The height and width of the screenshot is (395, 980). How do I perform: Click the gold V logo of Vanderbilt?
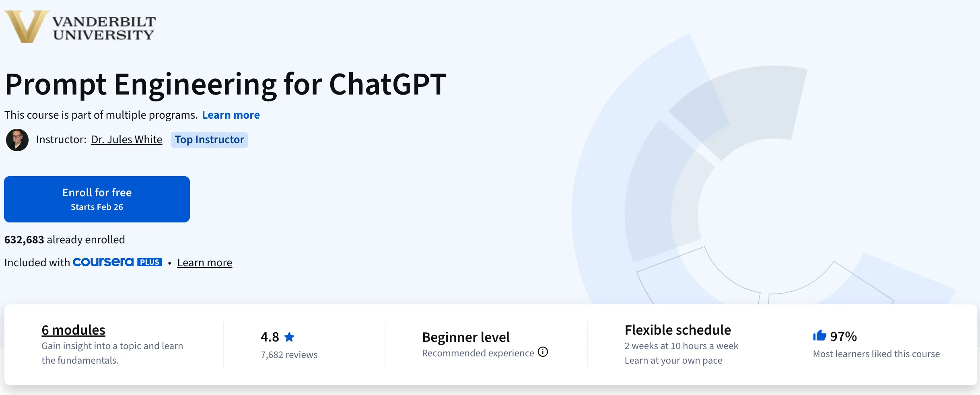point(26,26)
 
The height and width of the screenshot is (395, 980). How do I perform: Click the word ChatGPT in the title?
point(387,84)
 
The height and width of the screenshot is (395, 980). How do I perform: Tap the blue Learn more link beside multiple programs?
point(231,115)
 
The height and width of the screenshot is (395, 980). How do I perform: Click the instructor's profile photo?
point(17,140)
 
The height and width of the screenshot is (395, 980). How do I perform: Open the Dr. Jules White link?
point(127,140)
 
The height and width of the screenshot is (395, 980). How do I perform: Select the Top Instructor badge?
point(209,140)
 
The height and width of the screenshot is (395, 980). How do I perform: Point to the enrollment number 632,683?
point(24,240)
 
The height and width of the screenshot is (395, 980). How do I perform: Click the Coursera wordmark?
point(103,262)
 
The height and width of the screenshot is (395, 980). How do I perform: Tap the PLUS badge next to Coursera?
point(150,262)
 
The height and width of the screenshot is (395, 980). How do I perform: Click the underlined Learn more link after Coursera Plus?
point(204,263)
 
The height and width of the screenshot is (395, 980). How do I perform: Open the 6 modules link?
point(73,330)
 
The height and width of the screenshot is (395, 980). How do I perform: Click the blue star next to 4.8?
point(289,337)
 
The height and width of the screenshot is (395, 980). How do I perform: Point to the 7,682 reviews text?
point(289,355)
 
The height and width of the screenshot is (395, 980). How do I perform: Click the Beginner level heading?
point(465,337)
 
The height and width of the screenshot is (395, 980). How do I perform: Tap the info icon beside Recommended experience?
point(543,352)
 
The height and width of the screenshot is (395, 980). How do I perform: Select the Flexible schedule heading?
point(677,330)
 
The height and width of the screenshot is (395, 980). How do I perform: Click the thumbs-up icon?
point(819,335)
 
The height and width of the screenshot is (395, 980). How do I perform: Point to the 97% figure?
point(843,337)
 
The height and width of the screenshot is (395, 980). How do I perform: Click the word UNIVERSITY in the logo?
point(103,35)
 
